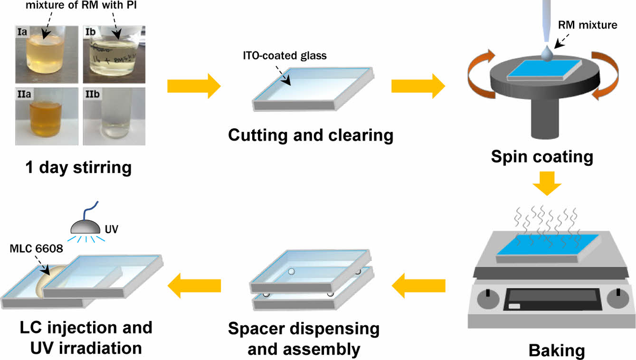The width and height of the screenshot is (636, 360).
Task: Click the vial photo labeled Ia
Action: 44,52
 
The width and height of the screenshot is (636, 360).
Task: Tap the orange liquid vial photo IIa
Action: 44,116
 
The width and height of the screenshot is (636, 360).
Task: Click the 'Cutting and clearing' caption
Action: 311,136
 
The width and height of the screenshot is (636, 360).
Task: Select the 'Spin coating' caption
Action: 542,157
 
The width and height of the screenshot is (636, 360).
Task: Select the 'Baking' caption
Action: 556,351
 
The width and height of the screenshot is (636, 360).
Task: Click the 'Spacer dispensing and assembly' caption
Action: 304,339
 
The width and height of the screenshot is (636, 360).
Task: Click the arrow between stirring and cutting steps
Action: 194,86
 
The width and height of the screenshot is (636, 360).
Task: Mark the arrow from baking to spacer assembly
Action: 418,285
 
